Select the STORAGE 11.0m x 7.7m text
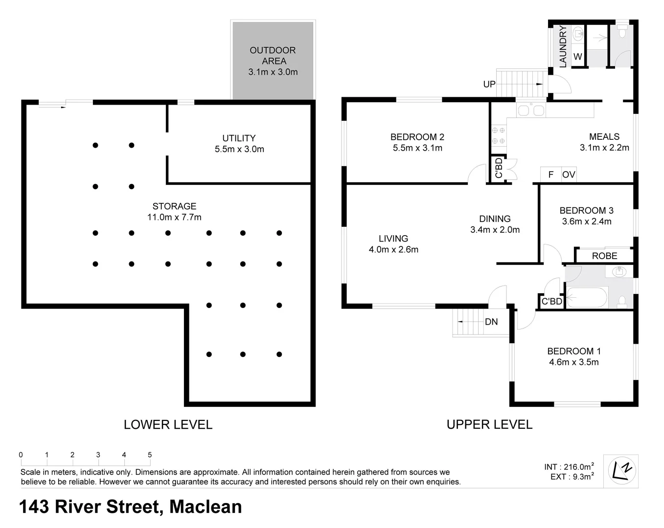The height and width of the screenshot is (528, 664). coord(174,211)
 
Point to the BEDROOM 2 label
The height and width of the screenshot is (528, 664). coord(417,142)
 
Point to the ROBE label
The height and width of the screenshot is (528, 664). coord(604,256)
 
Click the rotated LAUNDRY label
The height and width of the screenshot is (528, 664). coord(563,46)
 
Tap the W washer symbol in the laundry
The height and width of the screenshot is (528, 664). coord(578,57)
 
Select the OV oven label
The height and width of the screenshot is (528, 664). coord(569,175)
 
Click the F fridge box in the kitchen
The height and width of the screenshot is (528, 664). coord(550,175)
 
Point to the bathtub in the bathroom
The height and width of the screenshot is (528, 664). coord(587,298)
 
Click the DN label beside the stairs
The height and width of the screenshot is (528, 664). coord(491,322)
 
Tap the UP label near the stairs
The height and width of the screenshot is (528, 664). coord(489,85)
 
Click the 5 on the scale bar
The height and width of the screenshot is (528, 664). coord(150,455)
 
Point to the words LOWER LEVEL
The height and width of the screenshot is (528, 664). coord(168,424)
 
